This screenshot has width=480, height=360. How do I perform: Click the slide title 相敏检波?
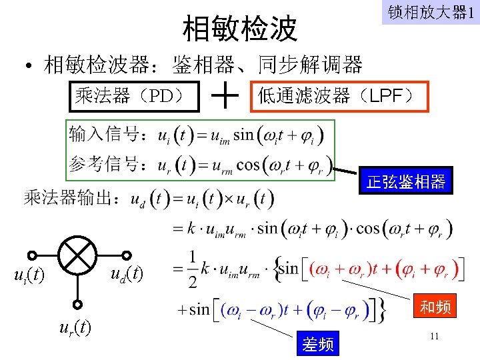240,28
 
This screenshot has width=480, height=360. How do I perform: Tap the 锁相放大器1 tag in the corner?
430,13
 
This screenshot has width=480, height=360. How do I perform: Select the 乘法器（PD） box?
135,96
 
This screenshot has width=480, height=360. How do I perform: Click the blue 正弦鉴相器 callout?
406,181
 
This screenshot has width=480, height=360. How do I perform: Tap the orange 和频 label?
435,307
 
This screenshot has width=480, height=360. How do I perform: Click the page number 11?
434,337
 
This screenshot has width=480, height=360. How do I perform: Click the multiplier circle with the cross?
78,254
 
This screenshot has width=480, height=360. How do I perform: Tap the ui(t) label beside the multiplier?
30,275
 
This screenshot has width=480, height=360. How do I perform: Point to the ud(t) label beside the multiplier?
127,273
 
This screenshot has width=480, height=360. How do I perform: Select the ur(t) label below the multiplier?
75,327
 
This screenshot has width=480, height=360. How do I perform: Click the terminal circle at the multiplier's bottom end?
78,305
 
